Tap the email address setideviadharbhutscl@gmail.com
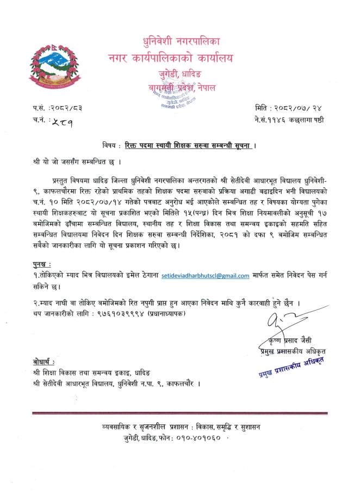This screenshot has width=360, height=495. coord(205,276)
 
